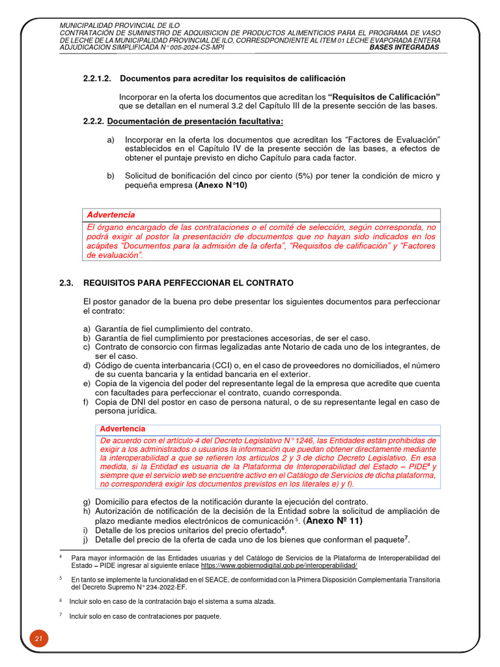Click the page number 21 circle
tap(38, 640)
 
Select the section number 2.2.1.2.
tap(97, 78)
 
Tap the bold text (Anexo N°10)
tap(221, 185)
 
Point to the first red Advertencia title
tap(111, 214)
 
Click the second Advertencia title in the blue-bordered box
tap(122, 429)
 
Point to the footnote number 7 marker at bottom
tap(61, 615)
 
